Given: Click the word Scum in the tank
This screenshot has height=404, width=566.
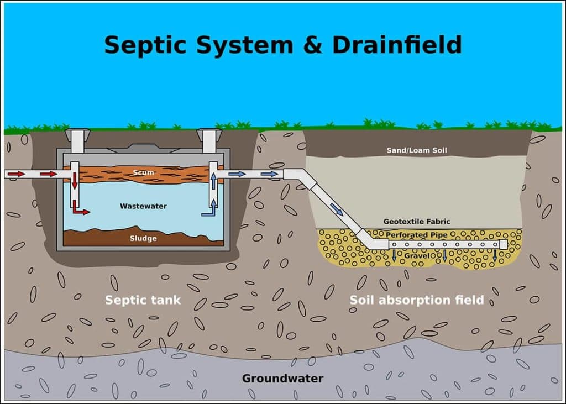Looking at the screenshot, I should [x=143, y=173].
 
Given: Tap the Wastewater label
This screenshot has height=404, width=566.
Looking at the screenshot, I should [x=143, y=206].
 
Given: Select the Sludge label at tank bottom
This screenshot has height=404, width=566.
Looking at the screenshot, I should [x=143, y=238].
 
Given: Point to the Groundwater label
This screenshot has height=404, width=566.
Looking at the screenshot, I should [x=282, y=379].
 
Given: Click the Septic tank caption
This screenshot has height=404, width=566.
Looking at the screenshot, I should [x=143, y=301].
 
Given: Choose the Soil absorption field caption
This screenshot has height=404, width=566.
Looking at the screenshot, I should [x=417, y=300].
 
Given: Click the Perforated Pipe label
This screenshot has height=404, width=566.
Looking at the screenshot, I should [x=417, y=235].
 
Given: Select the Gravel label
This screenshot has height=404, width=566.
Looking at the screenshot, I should [x=417, y=256].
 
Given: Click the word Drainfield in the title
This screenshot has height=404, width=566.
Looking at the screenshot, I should [x=396, y=45].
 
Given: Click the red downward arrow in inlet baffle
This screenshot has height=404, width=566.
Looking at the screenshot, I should [x=74, y=180].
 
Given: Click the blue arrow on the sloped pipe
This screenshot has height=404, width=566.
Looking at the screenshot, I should [x=336, y=209].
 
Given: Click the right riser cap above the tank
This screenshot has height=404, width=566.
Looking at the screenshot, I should [x=209, y=135].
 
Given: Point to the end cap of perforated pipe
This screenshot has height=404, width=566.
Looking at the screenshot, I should [x=504, y=244].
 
